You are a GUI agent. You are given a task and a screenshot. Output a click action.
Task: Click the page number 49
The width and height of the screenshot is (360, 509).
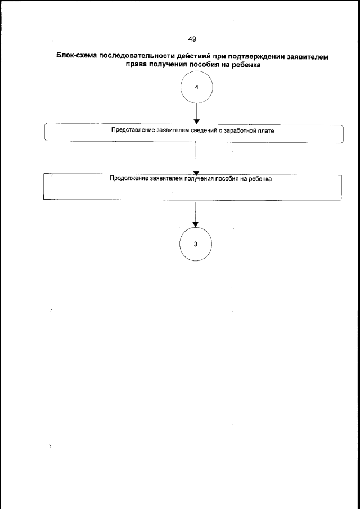point(192,38)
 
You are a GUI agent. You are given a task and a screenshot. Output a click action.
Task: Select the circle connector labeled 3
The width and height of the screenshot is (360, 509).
point(195,244)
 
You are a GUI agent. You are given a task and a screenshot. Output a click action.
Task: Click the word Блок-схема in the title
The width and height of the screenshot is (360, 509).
point(77,57)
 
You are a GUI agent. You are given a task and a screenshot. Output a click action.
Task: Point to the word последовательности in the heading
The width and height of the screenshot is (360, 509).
point(137,57)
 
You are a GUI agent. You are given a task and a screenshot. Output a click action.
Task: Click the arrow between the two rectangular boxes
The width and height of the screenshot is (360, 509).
point(195,160)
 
